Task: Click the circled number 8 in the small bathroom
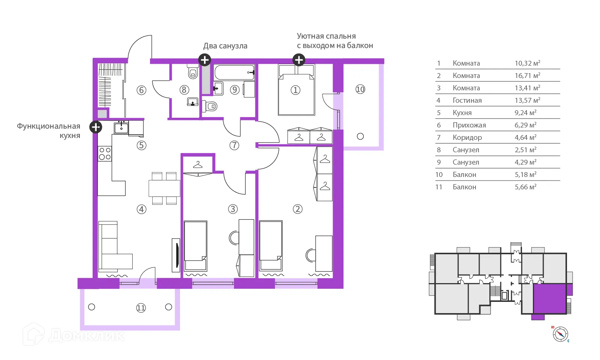[x=184, y=90]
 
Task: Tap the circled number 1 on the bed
[x=295, y=90]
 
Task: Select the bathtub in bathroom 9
[x=234, y=72]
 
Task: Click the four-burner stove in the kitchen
[x=105, y=153]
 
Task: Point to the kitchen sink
[x=121, y=127]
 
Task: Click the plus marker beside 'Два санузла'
[x=205, y=60]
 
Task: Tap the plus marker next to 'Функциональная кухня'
[x=96, y=127]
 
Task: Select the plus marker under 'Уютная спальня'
[x=298, y=60]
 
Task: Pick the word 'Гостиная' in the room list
[x=467, y=100]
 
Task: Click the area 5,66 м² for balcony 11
[x=525, y=187]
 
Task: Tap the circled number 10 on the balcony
[x=360, y=89]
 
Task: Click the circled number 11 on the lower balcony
[x=141, y=308]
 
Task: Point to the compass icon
[x=560, y=334]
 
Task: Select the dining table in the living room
[x=164, y=189]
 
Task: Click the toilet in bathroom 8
[x=193, y=71]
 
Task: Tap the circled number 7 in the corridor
[x=234, y=145]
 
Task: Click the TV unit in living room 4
[x=176, y=255]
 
